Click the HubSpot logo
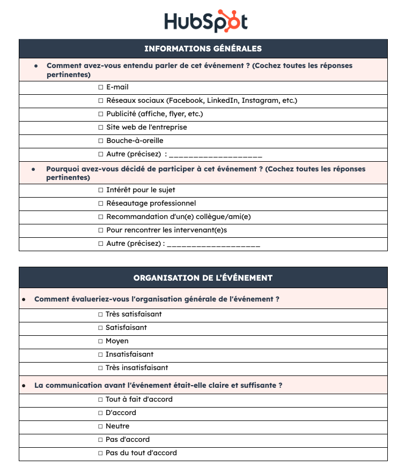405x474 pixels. (205, 21)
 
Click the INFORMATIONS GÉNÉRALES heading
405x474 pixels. (203, 49)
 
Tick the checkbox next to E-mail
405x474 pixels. (101, 87)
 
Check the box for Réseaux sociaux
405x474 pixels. (101, 101)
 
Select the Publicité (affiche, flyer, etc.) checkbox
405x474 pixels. (101, 114)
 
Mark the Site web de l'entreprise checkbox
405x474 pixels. (101, 127)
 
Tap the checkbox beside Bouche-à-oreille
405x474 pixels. (101, 141)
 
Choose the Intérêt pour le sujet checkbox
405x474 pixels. (101, 190)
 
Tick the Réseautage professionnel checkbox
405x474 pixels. (101, 204)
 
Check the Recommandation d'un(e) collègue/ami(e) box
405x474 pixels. (101, 217)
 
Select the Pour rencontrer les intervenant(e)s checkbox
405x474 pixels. (101, 230)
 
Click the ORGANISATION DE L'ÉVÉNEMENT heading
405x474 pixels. (203, 278)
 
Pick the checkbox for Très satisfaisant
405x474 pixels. (100, 314)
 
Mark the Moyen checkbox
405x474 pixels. (100, 341)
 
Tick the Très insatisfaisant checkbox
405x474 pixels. (100, 368)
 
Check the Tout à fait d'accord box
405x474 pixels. (100, 400)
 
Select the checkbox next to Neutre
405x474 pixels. (100, 426)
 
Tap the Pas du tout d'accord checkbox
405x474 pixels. (100, 453)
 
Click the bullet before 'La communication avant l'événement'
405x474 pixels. (24, 386)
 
